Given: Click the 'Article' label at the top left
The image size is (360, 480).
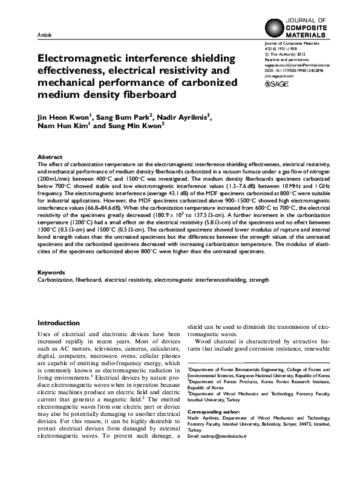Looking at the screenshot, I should (x=44, y=36).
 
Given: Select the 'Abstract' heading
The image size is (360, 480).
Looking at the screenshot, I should (x=50, y=156).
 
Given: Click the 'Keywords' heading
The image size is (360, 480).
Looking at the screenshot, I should (x=51, y=273).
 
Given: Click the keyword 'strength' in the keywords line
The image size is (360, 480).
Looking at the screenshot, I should (x=260, y=281).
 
